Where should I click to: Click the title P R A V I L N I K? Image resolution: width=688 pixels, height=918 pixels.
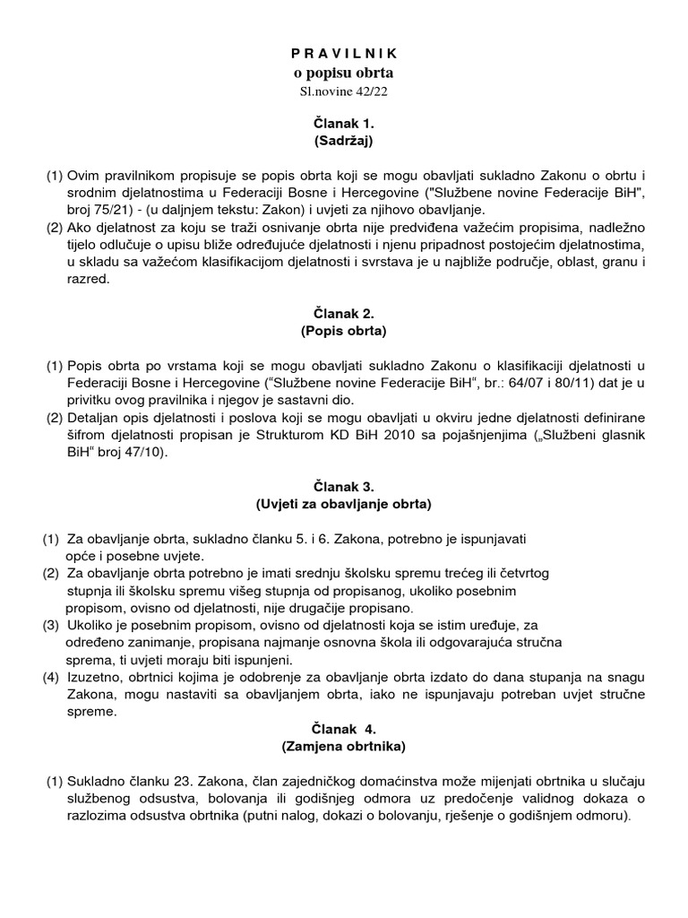[x=343, y=56]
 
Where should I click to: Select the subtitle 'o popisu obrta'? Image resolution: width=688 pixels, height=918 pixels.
[x=343, y=74]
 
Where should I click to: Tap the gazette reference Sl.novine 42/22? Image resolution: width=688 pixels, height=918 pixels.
[x=343, y=91]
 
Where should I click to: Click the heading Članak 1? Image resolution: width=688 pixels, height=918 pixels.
[x=343, y=124]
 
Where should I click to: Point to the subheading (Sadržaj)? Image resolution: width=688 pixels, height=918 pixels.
[x=343, y=141]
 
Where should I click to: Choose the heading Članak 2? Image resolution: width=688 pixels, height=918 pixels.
[x=343, y=314]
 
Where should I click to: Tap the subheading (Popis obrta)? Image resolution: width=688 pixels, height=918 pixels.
[x=343, y=331]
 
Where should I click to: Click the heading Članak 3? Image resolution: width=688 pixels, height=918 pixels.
[x=343, y=487]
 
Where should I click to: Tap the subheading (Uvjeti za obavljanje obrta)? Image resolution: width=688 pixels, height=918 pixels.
[x=343, y=504]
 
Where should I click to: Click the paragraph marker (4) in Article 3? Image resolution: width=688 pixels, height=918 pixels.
[x=50, y=676]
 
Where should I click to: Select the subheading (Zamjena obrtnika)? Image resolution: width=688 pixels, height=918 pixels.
[x=343, y=745]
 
